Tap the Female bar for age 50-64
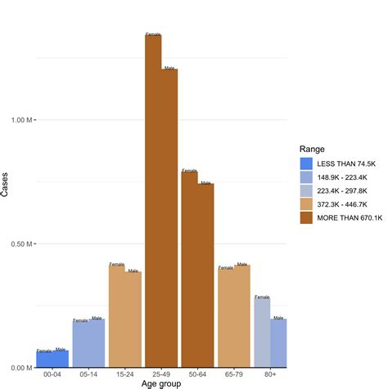(189, 269)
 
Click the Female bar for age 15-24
(117, 315)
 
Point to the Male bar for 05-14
(97, 343)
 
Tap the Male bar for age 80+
(278, 343)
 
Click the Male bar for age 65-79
(242, 315)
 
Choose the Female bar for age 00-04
(44, 360)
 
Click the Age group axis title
(161, 384)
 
